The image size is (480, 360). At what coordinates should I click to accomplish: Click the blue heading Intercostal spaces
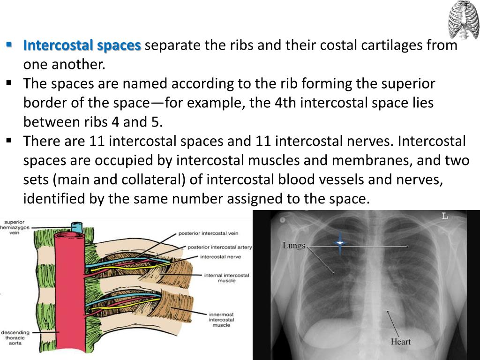(82, 45)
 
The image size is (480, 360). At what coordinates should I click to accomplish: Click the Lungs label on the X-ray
(294, 246)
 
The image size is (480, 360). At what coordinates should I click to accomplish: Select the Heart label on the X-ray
(400, 341)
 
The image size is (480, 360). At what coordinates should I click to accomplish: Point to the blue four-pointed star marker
(340, 242)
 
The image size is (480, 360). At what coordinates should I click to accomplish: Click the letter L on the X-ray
(444, 216)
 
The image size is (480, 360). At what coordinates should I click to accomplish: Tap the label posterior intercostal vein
(208, 233)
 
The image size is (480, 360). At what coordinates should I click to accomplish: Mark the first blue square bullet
(9, 45)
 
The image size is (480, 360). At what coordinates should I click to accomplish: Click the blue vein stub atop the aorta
(76, 226)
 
